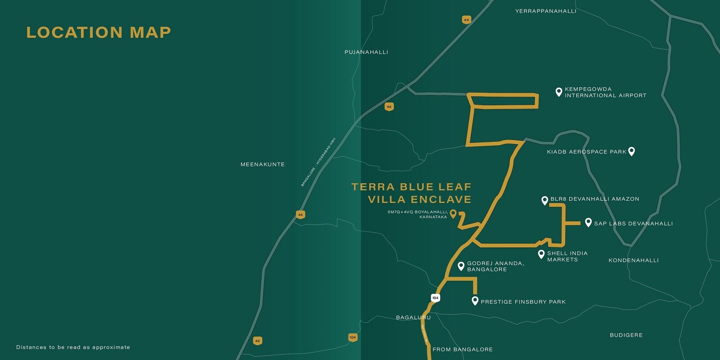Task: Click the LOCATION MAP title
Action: point(99,32)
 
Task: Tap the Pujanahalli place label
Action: point(366,52)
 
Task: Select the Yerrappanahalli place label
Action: point(545,11)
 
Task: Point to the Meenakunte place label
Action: point(263,165)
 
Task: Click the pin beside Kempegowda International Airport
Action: point(558,92)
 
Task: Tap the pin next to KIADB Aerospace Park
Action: point(631,151)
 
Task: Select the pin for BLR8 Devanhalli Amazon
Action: point(544,200)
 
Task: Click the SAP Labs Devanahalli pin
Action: point(588,222)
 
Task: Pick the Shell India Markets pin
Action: point(541,254)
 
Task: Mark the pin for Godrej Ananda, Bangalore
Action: point(461,266)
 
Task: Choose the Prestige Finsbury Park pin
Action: point(475,301)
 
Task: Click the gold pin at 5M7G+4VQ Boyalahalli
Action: point(453,214)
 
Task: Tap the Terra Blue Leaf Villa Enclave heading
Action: point(411,193)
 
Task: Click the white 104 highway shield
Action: point(435,298)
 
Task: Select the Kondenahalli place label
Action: point(634,261)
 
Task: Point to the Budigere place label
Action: point(626,335)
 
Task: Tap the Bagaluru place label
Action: point(413,318)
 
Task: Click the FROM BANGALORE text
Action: point(463,350)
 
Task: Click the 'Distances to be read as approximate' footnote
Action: point(73,347)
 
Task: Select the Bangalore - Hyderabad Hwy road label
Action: point(319,162)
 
